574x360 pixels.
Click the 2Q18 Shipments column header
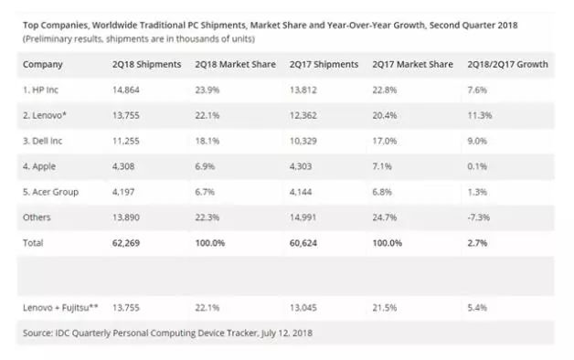point(146,64)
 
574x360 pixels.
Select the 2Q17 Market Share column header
point(412,64)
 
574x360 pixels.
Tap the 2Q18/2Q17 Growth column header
point(507,64)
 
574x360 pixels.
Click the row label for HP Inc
point(40,90)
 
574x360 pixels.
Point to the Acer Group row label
point(50,192)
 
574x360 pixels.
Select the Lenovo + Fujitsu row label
point(60,308)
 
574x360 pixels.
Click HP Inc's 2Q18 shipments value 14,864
point(125,90)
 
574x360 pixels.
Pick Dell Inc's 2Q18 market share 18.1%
point(207,141)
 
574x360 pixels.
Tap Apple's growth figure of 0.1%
point(477,166)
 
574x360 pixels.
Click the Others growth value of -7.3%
point(478,217)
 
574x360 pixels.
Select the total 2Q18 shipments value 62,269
point(125,243)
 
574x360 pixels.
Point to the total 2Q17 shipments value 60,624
point(303,243)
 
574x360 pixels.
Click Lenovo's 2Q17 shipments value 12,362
point(303,116)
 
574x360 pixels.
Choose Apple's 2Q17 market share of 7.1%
point(382,166)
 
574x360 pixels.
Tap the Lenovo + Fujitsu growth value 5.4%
point(477,308)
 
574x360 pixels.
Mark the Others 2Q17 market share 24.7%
point(385,217)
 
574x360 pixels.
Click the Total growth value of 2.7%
point(477,243)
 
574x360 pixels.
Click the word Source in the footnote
point(37,333)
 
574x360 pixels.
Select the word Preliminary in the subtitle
point(48,38)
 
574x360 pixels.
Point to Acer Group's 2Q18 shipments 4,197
point(123,192)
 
